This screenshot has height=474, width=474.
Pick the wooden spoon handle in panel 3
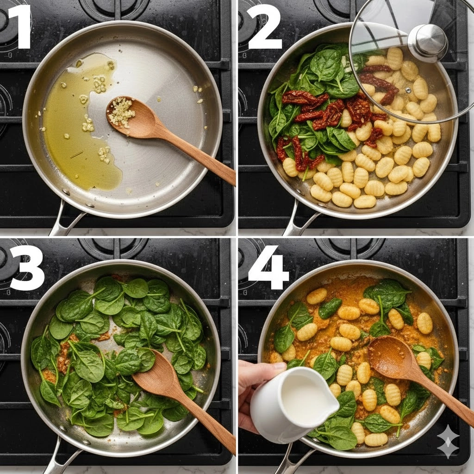tap(206, 420)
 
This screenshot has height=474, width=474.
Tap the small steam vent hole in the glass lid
tap(408, 90)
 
